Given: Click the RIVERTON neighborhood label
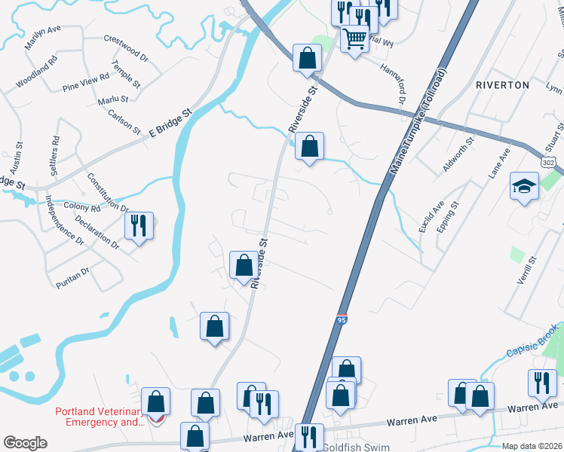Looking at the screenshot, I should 502,85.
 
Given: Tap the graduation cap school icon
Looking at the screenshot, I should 523,186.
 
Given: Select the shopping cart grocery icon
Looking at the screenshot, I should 354,38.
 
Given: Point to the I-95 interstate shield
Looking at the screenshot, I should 342,320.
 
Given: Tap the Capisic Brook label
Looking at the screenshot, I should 534,340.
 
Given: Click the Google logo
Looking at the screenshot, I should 26,443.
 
